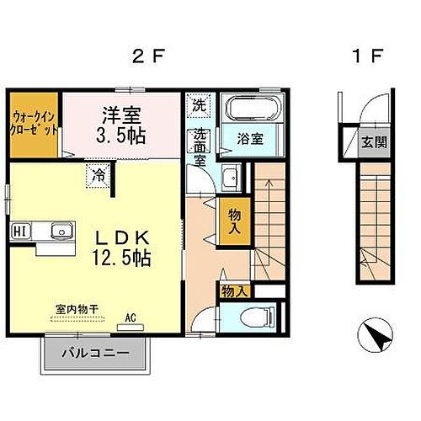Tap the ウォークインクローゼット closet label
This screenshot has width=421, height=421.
pos(35,125)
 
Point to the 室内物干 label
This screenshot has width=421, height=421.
pos(77,310)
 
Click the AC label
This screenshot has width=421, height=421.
pos(131,317)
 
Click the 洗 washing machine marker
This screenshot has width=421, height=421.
pos(199,106)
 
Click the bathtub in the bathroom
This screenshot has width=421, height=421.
pos(255,109)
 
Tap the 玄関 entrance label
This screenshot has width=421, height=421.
pos(375,141)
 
